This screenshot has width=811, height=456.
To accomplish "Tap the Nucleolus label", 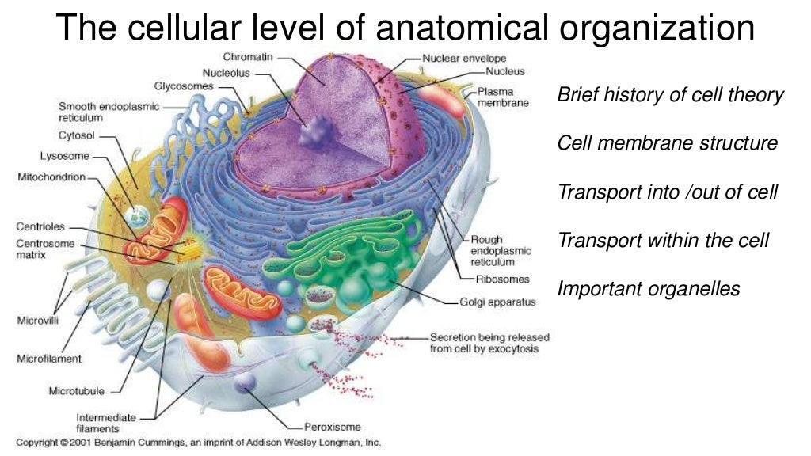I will [x=227, y=72].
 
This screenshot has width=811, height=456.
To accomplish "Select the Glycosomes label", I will [x=184, y=85].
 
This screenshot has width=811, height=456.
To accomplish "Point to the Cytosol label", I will [x=77, y=135].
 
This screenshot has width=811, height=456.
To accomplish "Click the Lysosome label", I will [x=65, y=156].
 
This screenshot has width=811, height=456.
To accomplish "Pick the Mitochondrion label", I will [x=51, y=177].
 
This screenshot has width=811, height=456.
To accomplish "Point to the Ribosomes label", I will [x=502, y=279].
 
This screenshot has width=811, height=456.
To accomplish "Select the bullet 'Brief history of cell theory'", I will [x=670, y=96].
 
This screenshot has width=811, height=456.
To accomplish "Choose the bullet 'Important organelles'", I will [x=649, y=288].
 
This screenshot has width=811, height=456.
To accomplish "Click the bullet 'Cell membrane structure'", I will [x=668, y=144].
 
